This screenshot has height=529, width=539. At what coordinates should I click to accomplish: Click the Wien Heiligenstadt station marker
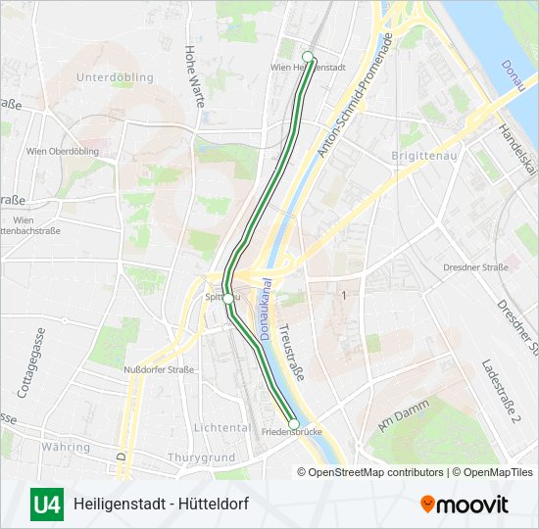pos(308,56)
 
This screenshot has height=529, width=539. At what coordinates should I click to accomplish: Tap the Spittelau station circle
pos(227,298)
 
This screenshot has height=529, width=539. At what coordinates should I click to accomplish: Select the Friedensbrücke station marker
pos(294,424)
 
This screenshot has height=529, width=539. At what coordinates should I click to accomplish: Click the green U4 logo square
pos(47,505)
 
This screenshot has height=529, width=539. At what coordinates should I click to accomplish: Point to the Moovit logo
pos(465,505)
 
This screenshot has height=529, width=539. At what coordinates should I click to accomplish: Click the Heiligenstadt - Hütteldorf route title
pos(162,505)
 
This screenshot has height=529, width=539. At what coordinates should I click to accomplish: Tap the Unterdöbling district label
pos(115,77)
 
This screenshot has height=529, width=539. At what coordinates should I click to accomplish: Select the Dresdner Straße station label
pos(474,266)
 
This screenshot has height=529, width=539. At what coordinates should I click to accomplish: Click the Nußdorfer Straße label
pos(159,369)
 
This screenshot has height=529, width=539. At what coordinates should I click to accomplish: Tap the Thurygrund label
pos(202,457)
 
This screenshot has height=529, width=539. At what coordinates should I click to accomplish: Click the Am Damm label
pos(397,415)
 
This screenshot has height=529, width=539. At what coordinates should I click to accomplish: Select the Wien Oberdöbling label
pos(64,151)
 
